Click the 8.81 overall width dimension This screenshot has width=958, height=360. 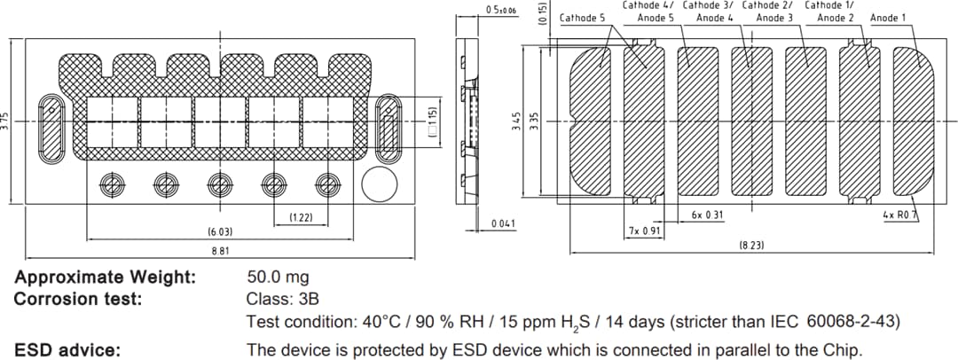tap(221, 251)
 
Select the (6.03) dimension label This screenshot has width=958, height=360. tap(220, 231)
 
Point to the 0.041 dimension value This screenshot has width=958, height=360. tap(503, 223)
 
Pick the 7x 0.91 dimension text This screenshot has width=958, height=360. tap(644, 231)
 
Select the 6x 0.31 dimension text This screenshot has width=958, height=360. tap(706, 215)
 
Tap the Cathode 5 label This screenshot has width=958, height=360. tap(583, 18)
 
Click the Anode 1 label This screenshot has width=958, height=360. tap(888, 18)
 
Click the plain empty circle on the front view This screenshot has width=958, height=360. tap(380, 184)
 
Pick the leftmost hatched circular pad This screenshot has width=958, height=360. tap(112, 184)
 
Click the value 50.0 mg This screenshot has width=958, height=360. tap(278, 278)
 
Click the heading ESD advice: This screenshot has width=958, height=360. tap(67, 350)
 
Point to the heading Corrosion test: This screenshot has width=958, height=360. tap(78, 299)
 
